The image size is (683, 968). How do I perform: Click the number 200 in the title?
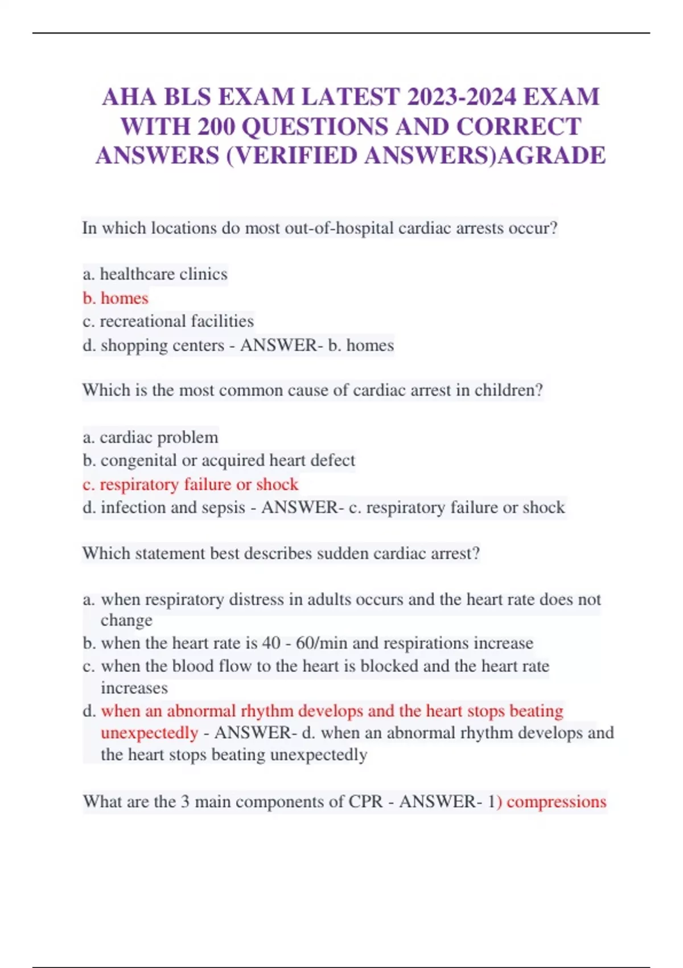[216, 126]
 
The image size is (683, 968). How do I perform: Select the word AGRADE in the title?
[552, 155]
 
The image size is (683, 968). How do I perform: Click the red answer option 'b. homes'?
[116, 298]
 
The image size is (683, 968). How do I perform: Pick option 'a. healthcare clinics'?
[155, 274]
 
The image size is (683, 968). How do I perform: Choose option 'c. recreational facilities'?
[168, 321]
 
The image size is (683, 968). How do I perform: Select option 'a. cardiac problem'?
[150, 437]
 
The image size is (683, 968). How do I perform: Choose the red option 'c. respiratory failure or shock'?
[190, 485]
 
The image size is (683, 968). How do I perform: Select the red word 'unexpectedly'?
[149, 733]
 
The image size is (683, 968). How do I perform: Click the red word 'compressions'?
[556, 802]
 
